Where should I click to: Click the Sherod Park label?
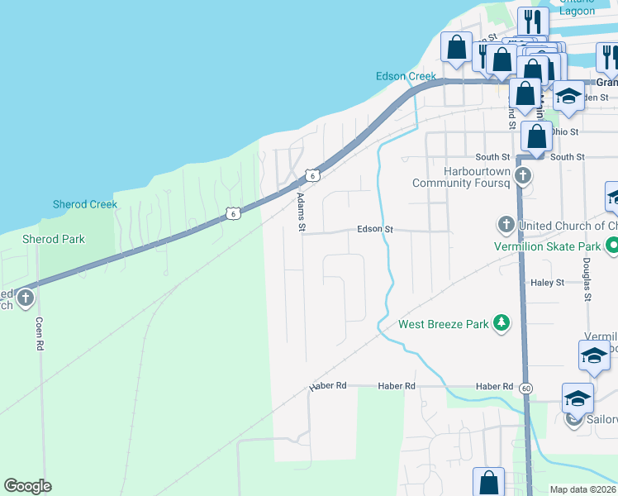(x=53, y=239)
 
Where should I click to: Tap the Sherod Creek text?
(x=86, y=204)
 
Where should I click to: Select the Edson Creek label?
(x=406, y=76)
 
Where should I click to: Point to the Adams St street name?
(x=302, y=212)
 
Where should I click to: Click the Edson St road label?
(x=374, y=229)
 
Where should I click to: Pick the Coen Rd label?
(x=39, y=334)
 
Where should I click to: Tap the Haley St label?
(x=548, y=282)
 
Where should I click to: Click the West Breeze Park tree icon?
(x=501, y=323)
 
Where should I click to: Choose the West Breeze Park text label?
(x=444, y=324)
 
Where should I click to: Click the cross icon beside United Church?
(x=506, y=225)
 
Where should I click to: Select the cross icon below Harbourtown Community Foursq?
(x=523, y=175)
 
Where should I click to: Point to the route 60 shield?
(x=526, y=387)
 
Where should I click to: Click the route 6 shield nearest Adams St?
(x=310, y=174)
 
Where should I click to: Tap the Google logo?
(x=27, y=486)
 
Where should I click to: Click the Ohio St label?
(x=565, y=131)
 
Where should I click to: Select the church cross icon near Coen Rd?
(x=26, y=298)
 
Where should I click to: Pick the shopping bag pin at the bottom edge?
(x=488, y=482)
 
